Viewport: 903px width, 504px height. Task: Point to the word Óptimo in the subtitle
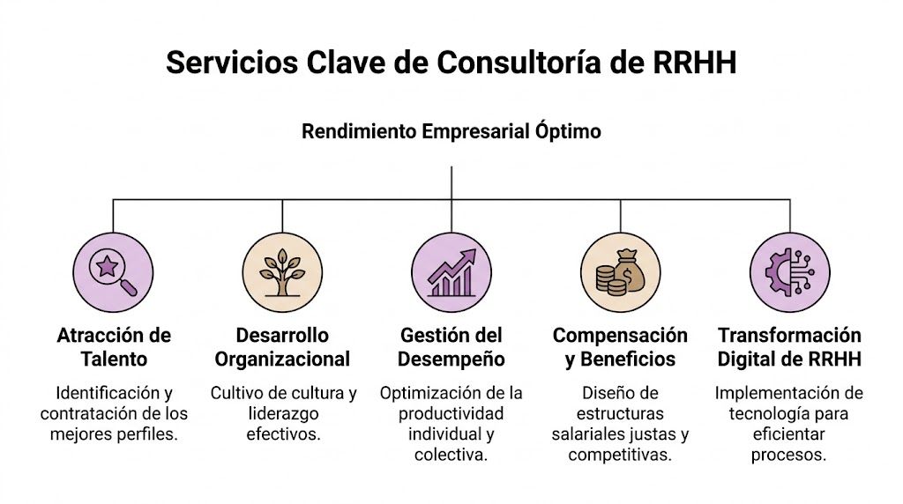pyautogui.click(x=567, y=132)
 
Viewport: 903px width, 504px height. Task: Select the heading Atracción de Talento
pyautogui.click(x=114, y=347)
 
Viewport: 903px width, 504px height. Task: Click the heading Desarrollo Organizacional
pyautogui.click(x=282, y=347)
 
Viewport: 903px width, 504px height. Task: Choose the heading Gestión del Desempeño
pyautogui.click(x=451, y=347)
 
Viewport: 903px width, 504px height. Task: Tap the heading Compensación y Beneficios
pyautogui.click(x=620, y=347)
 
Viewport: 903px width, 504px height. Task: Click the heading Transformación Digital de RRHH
pyautogui.click(x=789, y=347)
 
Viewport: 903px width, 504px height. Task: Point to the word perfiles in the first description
pyautogui.click(x=144, y=434)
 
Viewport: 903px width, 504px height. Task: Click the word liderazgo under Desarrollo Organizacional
pyautogui.click(x=282, y=413)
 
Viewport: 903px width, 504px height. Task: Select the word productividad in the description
pyautogui.click(x=451, y=413)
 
